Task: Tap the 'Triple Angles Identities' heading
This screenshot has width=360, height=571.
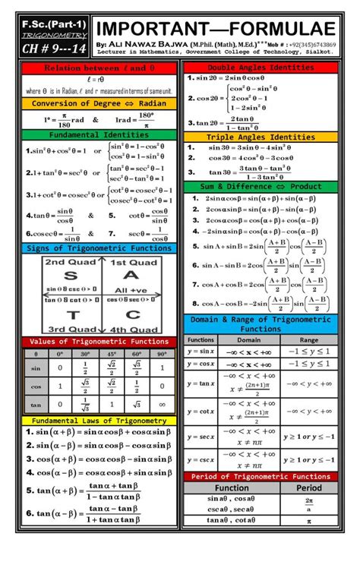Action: (261, 137)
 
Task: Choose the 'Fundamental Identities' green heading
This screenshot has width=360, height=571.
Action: (99, 134)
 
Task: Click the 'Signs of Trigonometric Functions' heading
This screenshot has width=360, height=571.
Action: (99, 248)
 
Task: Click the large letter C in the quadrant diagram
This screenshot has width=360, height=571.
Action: (131, 314)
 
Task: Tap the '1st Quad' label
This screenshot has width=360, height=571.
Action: (132, 263)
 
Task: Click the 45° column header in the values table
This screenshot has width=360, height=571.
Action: (112, 354)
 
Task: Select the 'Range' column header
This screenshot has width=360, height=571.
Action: (308, 340)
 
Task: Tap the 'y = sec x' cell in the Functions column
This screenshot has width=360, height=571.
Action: (201, 437)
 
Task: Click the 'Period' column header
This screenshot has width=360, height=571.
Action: (308, 487)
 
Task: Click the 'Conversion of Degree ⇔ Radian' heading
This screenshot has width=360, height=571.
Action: (99, 103)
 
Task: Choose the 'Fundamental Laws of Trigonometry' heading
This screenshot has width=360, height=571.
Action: (99, 420)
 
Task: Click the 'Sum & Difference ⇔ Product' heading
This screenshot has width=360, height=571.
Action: (261, 186)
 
